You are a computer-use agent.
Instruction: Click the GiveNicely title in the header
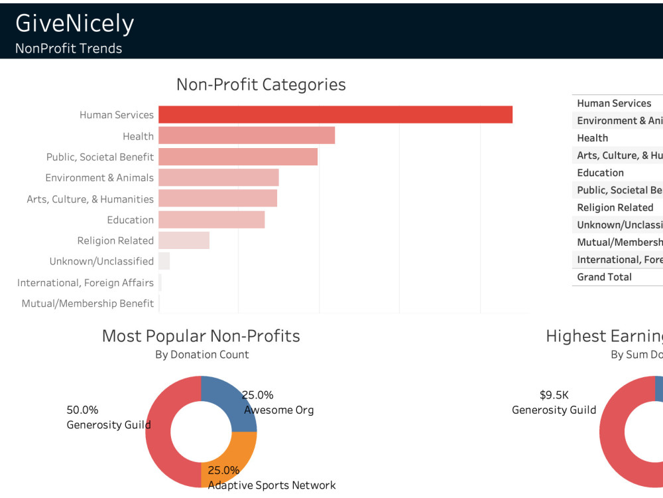click(x=74, y=23)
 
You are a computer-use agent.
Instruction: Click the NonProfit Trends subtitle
click(x=68, y=48)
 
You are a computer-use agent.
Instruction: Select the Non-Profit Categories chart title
click(x=261, y=85)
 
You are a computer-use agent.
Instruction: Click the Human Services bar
click(x=335, y=114)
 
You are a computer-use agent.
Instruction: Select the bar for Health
click(x=247, y=135)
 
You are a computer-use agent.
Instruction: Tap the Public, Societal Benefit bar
click(x=238, y=157)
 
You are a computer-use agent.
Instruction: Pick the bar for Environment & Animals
click(x=218, y=177)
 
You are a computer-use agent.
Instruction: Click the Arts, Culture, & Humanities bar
click(x=217, y=199)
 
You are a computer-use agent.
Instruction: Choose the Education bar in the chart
click(x=211, y=220)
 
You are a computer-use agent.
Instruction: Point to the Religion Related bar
click(x=184, y=240)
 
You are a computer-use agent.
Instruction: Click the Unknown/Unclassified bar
click(x=164, y=261)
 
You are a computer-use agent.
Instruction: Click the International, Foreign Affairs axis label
click(x=86, y=283)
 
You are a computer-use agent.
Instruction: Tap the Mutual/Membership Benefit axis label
click(x=88, y=303)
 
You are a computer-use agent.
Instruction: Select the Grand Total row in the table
click(x=604, y=277)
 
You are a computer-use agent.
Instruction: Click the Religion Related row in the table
click(x=615, y=207)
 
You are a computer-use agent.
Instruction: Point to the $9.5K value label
click(x=554, y=395)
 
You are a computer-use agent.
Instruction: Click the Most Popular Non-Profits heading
click(x=201, y=336)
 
